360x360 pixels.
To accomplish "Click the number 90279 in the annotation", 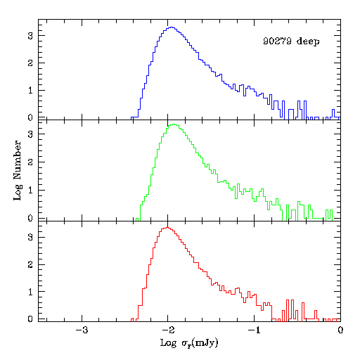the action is (x=277, y=41).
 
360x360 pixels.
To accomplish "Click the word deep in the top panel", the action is (x=308, y=41).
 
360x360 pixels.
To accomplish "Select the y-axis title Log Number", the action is (x=17, y=170).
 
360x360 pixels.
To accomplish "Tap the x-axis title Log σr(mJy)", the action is (x=189, y=343).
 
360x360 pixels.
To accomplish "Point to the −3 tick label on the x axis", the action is (x=82, y=330).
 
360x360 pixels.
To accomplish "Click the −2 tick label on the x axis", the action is (x=168, y=330).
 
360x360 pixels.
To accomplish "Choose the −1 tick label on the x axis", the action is (x=254, y=330).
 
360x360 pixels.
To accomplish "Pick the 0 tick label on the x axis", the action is (x=340, y=330).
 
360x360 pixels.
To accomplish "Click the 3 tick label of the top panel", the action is (x=30, y=36).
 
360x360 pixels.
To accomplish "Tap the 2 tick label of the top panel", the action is (x=30, y=63).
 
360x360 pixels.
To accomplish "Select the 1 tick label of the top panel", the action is (x=30, y=90).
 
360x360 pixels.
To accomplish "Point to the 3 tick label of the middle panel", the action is (x=30, y=134).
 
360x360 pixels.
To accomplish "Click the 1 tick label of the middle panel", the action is (x=30, y=190).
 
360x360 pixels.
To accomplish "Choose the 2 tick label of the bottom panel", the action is (x=30, y=264).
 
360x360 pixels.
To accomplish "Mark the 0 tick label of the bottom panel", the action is (x=30, y=319).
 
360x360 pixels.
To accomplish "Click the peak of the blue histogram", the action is (x=172, y=27).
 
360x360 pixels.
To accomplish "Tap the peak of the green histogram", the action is (x=174, y=124).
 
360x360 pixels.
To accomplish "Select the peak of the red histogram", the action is (x=167, y=228).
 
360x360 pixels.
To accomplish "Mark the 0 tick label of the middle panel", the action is (x=30, y=218).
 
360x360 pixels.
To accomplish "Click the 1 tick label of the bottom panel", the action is (x=30, y=292).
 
